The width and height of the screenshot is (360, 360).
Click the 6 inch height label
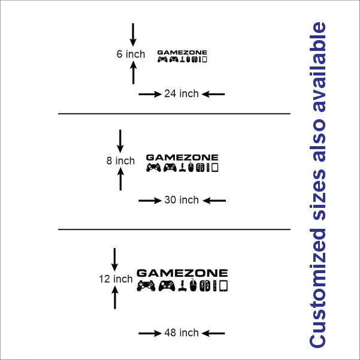pyautogui.click(x=131, y=54)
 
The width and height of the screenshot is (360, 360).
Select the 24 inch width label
pyautogui.click(x=181, y=93)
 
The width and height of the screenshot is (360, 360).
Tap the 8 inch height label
pyautogui.click(x=120, y=161)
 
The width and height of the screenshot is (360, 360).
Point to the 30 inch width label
pyautogui.click(x=181, y=200)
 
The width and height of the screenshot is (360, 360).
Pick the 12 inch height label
pyautogui.click(x=116, y=279)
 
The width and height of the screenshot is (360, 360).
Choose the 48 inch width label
pyautogui.click(x=181, y=332)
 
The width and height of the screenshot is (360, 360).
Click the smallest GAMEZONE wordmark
pyautogui.click(x=182, y=53)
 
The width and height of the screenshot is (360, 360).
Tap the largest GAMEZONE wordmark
pyautogui.click(x=182, y=273)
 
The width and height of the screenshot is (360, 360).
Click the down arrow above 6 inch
pyautogui.click(x=133, y=33)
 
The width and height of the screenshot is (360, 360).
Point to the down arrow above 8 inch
pyautogui.click(x=120, y=140)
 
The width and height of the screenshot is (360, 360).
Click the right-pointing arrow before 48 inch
pyautogui.click(x=150, y=333)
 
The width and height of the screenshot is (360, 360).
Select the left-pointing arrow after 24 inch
pyautogui.click(x=213, y=94)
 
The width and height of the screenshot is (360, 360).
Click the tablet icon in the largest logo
pyautogui.click(x=224, y=287)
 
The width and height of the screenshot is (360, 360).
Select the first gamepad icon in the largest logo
pyautogui.click(x=146, y=287)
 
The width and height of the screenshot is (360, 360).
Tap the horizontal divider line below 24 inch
pyautogui.click(x=174, y=113)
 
